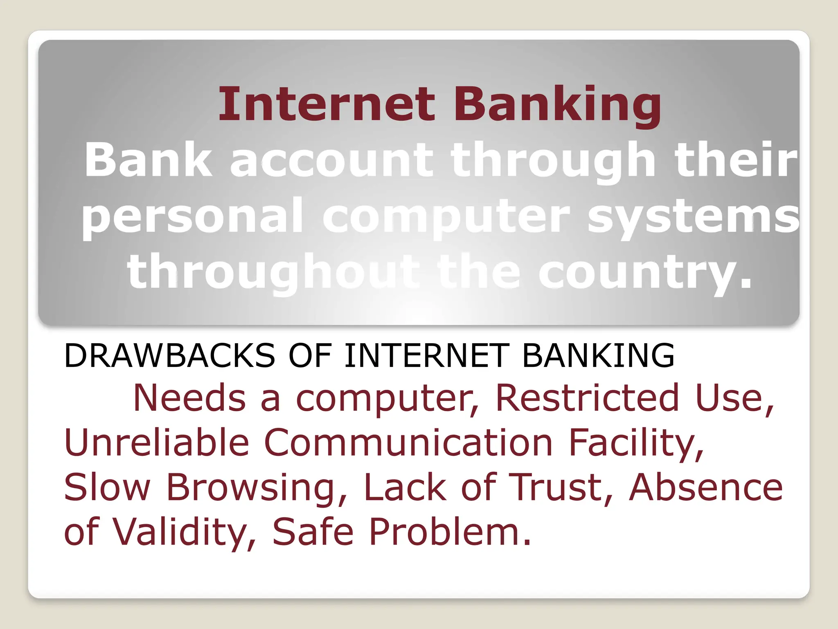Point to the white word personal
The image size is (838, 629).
[x=192, y=217]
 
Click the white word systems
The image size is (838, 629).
[x=693, y=217]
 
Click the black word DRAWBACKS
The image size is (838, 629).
[x=169, y=355]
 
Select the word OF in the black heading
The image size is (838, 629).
[x=310, y=355]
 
